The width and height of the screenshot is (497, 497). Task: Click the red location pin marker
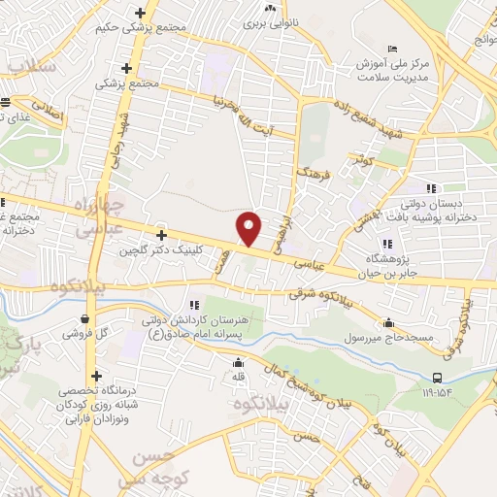point(249,227)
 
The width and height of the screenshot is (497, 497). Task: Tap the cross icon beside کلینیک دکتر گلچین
point(161,235)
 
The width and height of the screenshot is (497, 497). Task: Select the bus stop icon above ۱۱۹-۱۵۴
point(437,377)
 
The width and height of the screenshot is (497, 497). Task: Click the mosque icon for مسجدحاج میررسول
point(389,324)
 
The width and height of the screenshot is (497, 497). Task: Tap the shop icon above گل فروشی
point(88,317)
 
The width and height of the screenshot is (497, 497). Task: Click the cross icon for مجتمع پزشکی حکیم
point(142,13)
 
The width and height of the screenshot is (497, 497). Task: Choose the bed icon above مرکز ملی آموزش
point(392,50)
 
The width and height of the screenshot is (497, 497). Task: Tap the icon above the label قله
point(239,362)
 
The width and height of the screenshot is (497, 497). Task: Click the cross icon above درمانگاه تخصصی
point(95,376)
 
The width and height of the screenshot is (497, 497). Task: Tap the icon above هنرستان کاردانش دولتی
point(194,305)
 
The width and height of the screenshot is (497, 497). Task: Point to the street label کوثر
point(365,157)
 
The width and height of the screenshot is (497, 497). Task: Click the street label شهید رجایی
point(120,141)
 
